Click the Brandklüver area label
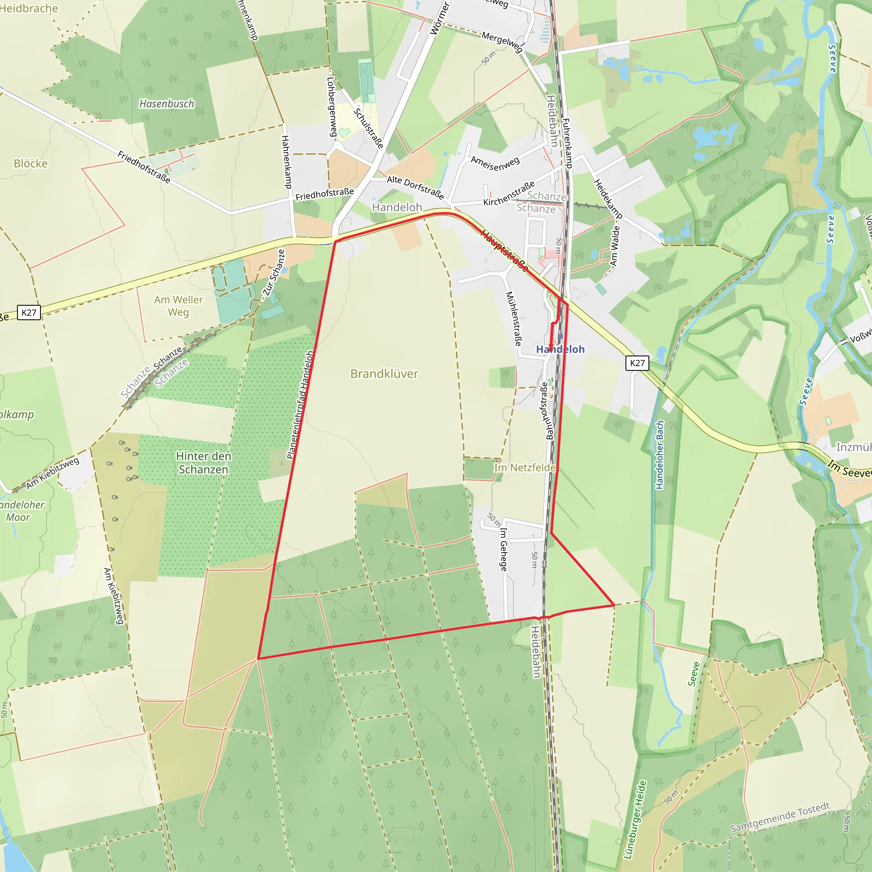(384, 374)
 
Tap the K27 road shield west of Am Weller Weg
(29, 313)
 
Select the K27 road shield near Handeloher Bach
(637, 363)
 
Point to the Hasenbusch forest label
(166, 104)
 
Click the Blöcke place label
(31, 163)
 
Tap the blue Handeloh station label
(560, 349)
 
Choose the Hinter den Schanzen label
(204, 463)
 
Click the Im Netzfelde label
(525, 468)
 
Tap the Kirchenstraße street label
(509, 194)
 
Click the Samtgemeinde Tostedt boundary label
(780, 817)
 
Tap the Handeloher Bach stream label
(660, 455)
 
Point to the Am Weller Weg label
(178, 306)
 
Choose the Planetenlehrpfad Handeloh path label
(300, 405)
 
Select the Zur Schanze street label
(274, 272)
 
